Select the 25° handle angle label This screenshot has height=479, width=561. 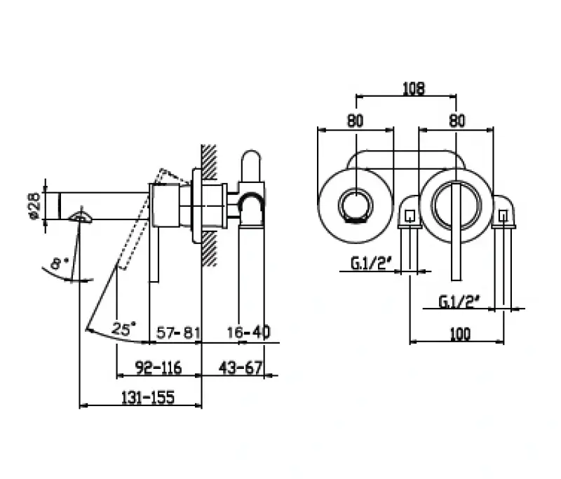123,329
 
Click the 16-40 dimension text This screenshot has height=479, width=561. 248,332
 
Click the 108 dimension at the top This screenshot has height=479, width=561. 413,88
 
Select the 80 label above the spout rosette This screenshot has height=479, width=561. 356,120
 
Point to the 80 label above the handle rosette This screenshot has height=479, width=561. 457,120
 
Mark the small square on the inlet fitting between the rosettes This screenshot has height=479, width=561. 410,215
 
